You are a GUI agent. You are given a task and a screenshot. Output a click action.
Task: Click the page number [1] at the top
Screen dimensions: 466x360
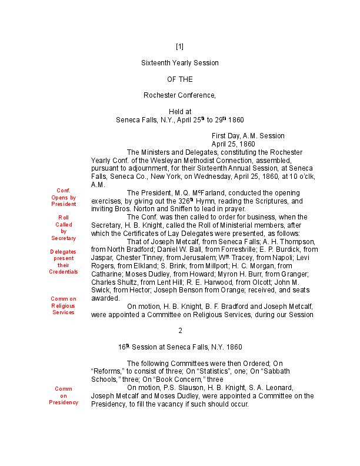pyautogui.click(x=180, y=46)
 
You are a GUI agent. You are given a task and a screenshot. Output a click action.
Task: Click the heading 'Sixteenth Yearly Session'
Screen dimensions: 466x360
pyautogui.click(x=180, y=62)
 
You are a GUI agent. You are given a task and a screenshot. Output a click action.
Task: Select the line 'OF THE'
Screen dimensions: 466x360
pyautogui.click(x=180, y=79)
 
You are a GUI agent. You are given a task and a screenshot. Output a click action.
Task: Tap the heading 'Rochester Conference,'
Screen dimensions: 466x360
pyautogui.click(x=180, y=95)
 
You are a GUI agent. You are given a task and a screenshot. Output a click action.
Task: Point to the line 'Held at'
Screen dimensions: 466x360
pyautogui.click(x=180, y=111)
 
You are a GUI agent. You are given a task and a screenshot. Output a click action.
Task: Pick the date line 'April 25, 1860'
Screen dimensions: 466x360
pyautogui.click(x=233, y=144)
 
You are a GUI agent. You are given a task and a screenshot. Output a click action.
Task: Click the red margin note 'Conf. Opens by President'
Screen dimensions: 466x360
pyautogui.click(x=64, y=197)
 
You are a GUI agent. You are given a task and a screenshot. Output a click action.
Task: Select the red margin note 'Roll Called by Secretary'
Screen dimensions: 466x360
pyautogui.click(x=64, y=228)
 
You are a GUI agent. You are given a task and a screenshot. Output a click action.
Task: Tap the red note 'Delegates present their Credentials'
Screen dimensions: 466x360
pyautogui.click(x=64, y=262)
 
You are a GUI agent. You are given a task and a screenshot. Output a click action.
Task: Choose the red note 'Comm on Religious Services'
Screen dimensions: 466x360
pyautogui.click(x=64, y=305)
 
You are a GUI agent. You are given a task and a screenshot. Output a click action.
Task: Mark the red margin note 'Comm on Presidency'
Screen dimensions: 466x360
pyautogui.click(x=64, y=395)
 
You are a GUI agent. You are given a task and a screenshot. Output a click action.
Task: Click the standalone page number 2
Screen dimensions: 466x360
pyautogui.click(x=180, y=331)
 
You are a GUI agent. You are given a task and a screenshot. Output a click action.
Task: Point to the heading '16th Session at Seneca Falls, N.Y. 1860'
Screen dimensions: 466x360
pyautogui.click(x=180, y=347)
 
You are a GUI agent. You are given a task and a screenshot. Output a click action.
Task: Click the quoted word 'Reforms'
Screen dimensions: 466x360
pyautogui.click(x=107, y=371)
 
